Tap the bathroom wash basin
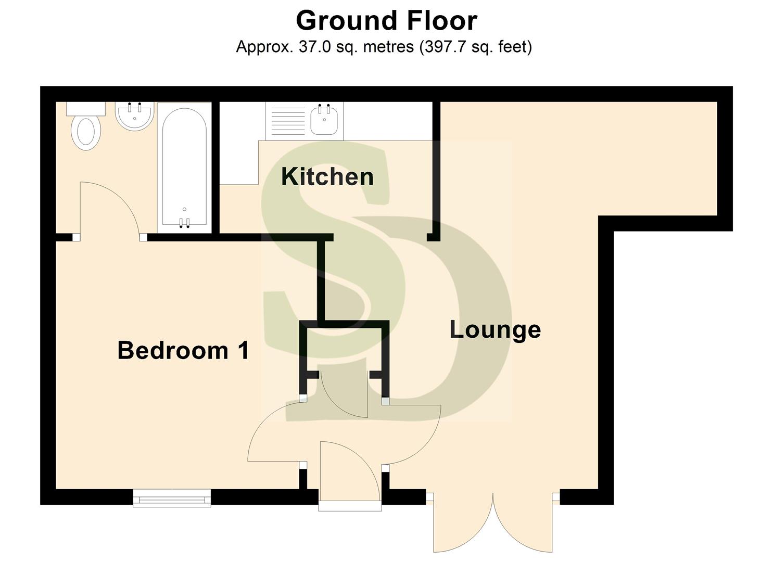click(x=134, y=116)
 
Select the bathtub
click(x=184, y=167)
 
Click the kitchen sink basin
click(x=324, y=119)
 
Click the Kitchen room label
click(x=327, y=177)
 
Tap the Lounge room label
click(x=495, y=330)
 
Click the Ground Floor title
click(x=386, y=21)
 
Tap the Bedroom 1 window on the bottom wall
click(x=172, y=499)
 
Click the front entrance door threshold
click(x=350, y=505)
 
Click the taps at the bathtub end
click(x=184, y=223)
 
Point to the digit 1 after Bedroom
click(x=243, y=350)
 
